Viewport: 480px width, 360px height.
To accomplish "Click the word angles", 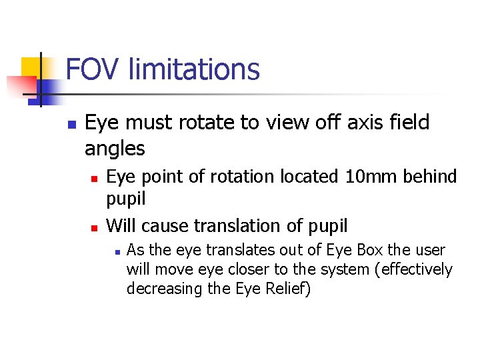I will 115,149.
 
